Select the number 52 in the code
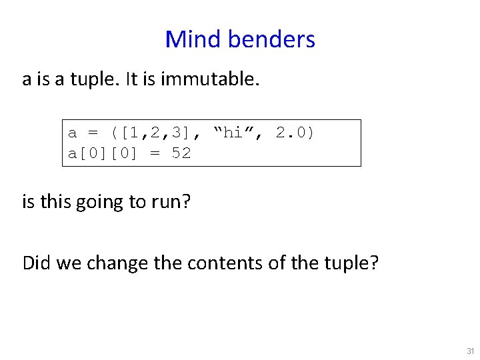[x=181, y=153]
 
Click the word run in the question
[x=169, y=201]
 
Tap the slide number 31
[x=471, y=351]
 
